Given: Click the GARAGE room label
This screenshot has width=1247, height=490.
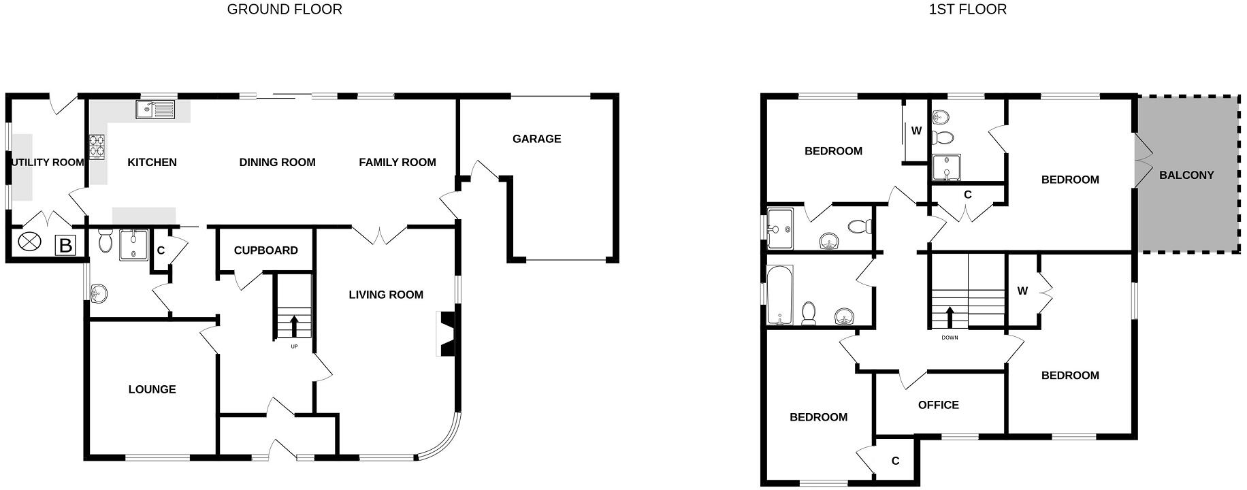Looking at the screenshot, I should coord(536,139).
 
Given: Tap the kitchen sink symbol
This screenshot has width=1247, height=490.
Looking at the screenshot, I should coord(155,109).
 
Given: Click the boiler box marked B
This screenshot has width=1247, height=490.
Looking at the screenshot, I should coord(65,245).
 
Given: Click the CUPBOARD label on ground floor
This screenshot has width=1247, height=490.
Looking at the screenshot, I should coord(265,250).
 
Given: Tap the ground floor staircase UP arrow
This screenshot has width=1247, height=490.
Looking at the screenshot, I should coord(294,325).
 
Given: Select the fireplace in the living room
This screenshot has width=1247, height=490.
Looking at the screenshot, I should coord(447,333).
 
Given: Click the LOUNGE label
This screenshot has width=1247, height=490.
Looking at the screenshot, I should coord(152,389).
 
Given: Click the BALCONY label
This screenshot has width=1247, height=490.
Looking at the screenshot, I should coord(1186,175).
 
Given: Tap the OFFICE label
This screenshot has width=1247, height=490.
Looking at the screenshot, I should coord(938,405).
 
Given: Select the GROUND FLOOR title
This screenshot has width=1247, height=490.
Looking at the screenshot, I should coord(285,10).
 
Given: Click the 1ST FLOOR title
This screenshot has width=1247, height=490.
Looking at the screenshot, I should coord(967,10).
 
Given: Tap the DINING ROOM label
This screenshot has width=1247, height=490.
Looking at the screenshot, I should coord(277,163).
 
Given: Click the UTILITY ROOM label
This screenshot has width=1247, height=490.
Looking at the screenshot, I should coord(48,163).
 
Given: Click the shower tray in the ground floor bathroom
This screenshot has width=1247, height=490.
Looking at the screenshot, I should coord(133,245).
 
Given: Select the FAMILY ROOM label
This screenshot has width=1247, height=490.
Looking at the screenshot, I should coord(397,163).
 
